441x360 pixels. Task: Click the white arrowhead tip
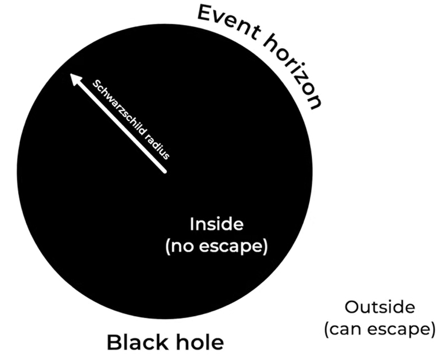[70, 74]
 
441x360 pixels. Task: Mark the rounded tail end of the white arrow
[165, 171]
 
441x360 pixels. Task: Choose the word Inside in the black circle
[216, 224]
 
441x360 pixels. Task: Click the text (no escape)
[216, 246]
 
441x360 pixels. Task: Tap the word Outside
[379, 307]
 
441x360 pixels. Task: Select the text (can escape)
[379, 329]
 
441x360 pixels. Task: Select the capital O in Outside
[352, 307]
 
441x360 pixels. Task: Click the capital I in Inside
[192, 224]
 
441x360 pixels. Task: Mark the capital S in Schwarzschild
[96, 84]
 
